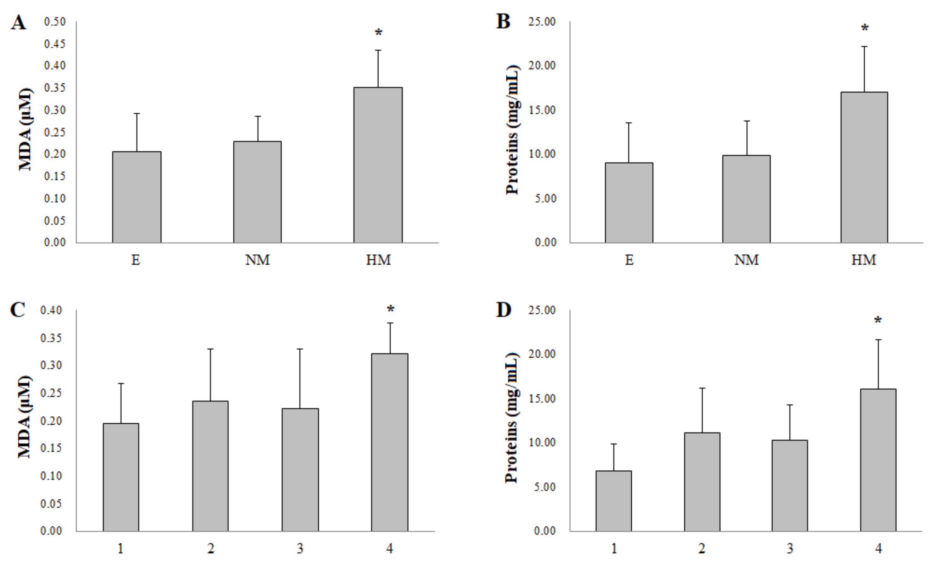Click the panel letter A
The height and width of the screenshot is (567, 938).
pyautogui.click(x=18, y=23)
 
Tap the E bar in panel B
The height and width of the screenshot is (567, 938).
pyautogui.click(x=629, y=202)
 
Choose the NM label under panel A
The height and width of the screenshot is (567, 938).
pyautogui.click(x=257, y=260)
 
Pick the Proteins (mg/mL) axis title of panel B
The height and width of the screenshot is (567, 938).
pyautogui.click(x=512, y=130)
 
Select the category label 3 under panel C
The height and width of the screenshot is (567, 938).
pyautogui.click(x=300, y=548)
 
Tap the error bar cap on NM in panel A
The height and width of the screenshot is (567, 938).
pyautogui.click(x=258, y=116)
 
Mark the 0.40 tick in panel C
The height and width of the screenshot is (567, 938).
pyautogui.click(x=51, y=310)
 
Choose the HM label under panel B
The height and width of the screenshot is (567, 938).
pyautogui.click(x=864, y=260)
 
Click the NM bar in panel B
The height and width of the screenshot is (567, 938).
pyautogui.click(x=746, y=199)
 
